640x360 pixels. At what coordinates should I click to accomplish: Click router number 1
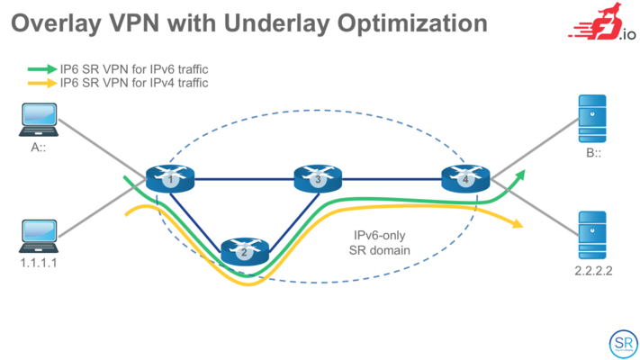click(x=170, y=178)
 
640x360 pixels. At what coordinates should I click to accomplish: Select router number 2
click(x=245, y=251)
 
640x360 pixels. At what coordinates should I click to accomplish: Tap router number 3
click(x=318, y=178)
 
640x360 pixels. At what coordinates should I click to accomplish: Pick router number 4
click(x=465, y=178)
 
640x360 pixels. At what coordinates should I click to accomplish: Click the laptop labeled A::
click(x=39, y=120)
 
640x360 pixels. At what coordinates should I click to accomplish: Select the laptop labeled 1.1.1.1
click(x=39, y=236)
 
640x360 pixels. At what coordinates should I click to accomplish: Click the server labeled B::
click(x=592, y=119)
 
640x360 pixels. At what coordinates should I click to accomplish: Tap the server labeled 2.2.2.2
click(x=592, y=235)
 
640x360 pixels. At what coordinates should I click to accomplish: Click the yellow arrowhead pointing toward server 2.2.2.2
click(x=518, y=224)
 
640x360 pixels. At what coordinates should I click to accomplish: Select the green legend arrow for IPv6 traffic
click(x=42, y=69)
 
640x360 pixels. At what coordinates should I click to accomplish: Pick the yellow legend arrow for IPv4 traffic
click(x=42, y=83)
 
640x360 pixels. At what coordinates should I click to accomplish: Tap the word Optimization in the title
click(x=412, y=23)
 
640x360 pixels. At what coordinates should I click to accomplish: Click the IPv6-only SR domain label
click(x=380, y=243)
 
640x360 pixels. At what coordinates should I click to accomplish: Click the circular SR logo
click(x=623, y=344)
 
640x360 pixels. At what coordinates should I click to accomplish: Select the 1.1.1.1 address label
click(x=39, y=263)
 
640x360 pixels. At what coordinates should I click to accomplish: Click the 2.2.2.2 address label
click(x=593, y=271)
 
